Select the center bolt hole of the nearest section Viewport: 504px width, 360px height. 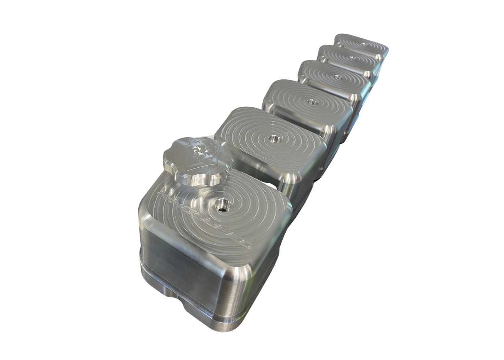pos(222,204)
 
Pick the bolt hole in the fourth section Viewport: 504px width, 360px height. pos(338,77)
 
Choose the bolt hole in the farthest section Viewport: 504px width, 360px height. pos(364,44)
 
